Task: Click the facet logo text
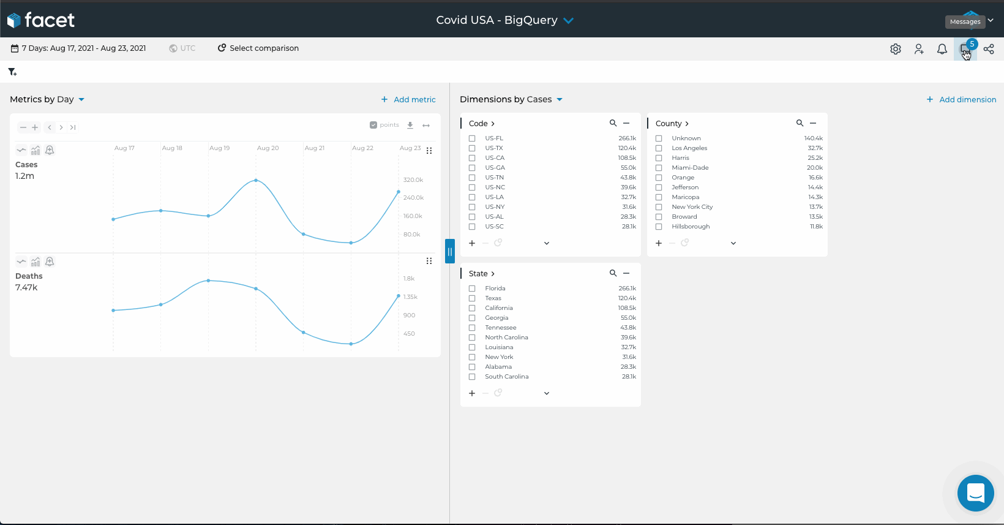[x=49, y=20]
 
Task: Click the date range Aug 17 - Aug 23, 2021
[x=83, y=48]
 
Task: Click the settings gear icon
[x=896, y=49]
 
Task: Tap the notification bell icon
[x=942, y=49]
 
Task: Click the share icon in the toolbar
[x=989, y=49]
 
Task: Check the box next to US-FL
[x=472, y=138]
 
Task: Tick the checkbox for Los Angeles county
[x=659, y=148]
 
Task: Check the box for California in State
[x=472, y=308]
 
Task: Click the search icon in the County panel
[x=800, y=123]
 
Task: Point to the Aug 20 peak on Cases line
[x=256, y=180]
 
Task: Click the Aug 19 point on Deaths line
[x=209, y=281]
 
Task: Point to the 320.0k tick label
[x=413, y=180]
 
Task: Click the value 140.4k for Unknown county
[x=813, y=138]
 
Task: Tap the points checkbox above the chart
[x=373, y=125]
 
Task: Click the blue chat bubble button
[x=975, y=493]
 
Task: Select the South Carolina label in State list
[x=507, y=377]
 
